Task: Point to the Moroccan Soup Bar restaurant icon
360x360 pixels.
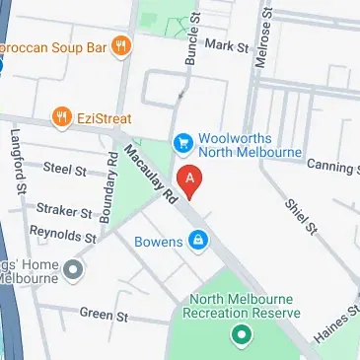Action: pos(121,44)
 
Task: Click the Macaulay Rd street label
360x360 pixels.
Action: pos(147,177)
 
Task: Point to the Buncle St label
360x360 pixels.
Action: pos(189,39)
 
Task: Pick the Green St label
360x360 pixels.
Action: pos(98,315)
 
